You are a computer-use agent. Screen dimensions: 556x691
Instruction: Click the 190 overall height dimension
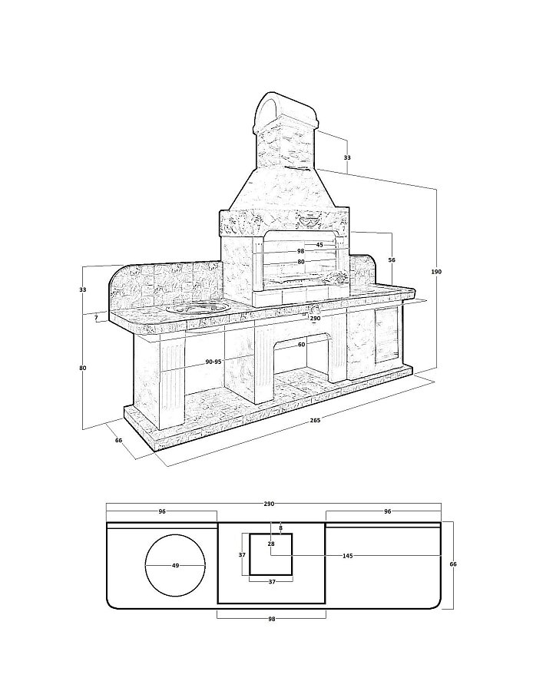436,272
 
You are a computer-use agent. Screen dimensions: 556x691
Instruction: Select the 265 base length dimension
315,420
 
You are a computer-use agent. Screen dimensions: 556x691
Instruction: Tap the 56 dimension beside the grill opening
392,260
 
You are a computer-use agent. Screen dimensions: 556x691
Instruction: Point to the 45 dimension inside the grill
319,245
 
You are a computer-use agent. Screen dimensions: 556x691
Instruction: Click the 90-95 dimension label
213,362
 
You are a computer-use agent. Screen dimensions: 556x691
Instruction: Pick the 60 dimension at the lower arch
301,345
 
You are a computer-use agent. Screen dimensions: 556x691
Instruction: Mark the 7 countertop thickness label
96,317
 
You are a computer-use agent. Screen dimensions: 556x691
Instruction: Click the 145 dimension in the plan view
347,556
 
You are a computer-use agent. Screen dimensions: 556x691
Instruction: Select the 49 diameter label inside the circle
176,565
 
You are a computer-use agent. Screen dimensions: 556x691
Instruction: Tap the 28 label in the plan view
271,544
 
